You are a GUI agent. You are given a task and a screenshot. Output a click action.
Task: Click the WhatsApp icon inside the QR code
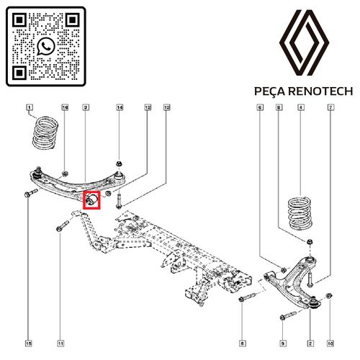click(47, 47)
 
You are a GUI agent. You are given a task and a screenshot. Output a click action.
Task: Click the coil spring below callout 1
click(45, 133)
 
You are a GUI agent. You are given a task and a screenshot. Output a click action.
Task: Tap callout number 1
click(30, 109)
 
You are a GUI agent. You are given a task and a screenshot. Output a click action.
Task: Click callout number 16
click(64, 108)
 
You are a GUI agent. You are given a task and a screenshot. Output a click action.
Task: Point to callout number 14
click(120, 108)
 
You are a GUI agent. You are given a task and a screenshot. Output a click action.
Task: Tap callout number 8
click(279, 108)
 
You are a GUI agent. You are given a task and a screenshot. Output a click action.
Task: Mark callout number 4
click(301, 108)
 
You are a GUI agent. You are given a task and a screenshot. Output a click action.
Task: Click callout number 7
click(330, 108)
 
